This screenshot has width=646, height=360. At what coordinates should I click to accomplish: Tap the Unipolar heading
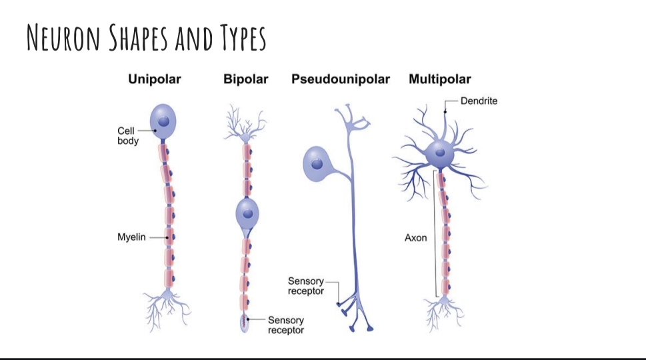point(154,79)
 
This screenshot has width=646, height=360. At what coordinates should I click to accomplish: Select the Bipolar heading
point(245,79)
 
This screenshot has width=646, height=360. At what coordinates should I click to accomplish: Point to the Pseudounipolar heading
point(340,79)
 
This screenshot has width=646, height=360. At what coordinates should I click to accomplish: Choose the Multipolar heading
point(439,79)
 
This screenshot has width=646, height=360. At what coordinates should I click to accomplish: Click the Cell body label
point(128,136)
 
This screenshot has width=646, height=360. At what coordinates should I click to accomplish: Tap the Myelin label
point(131,237)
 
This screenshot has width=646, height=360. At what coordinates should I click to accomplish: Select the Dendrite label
point(479,101)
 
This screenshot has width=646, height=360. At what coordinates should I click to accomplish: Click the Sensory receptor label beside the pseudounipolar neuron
point(305,286)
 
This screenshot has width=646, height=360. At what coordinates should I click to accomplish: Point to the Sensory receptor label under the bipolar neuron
point(286,325)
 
